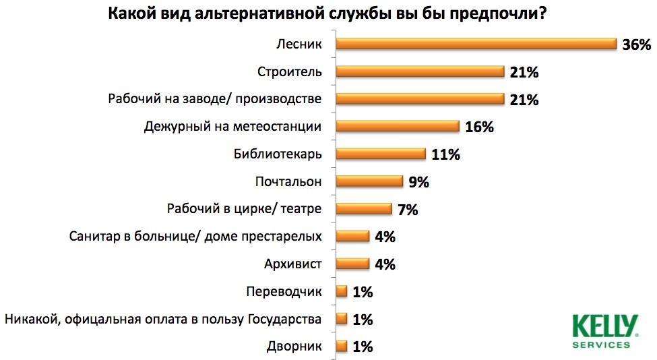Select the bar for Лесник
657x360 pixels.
(476, 44)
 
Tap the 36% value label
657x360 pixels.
(636, 45)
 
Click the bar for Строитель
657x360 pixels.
(420, 72)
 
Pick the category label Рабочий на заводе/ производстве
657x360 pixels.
(215, 99)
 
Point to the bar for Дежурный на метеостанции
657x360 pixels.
(398, 127)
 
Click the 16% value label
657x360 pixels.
(480, 127)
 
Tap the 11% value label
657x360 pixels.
(445, 154)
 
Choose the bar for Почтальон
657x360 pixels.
(369, 181)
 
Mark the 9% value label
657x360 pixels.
(418, 182)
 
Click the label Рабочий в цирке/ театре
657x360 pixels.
(244, 209)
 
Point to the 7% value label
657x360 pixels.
(407, 210)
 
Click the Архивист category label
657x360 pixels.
(294, 264)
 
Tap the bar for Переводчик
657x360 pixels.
(341, 291)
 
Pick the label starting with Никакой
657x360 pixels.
(162, 318)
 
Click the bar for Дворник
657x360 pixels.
(341, 347)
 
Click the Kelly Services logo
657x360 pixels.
(604, 330)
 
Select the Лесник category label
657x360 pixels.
(299, 44)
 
